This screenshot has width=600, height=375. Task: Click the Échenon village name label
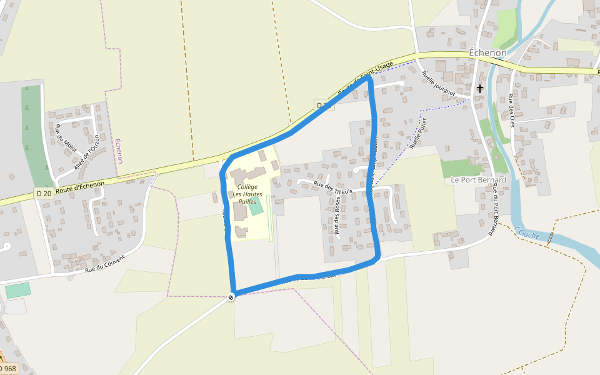pos(487,53)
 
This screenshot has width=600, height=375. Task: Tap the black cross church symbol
pos(480,89)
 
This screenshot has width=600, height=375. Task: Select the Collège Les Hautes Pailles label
pos(247,194)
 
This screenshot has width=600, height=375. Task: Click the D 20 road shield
pos(44,194)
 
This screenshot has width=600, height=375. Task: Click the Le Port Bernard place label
pos(478,180)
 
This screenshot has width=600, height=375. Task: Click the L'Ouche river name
pos(529,233)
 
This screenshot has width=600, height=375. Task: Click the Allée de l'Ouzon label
pos(87,152)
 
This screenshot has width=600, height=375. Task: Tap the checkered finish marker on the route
pos(231,297)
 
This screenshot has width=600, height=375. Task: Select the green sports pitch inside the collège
pos(256,207)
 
